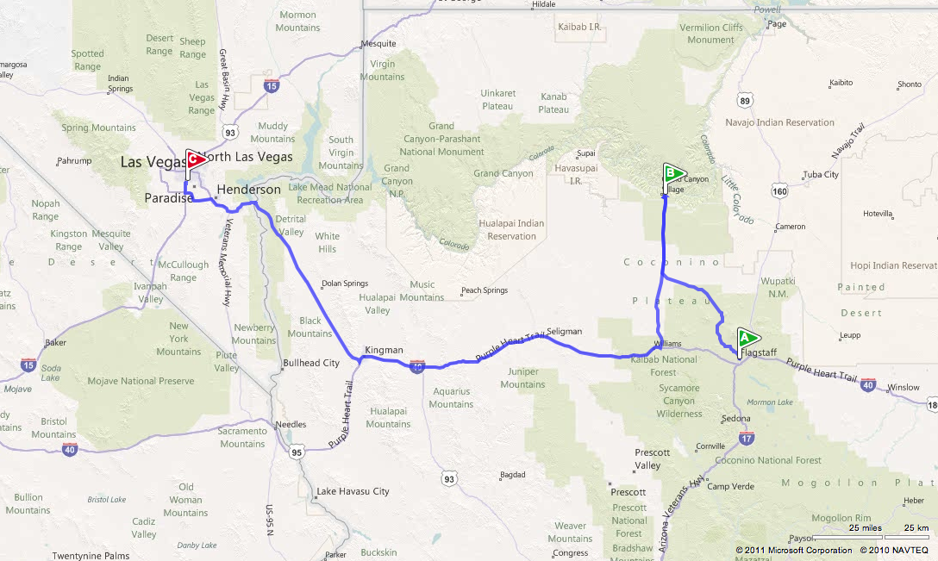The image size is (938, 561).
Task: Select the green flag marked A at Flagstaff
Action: [747, 338]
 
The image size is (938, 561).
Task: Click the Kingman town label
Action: [384, 350]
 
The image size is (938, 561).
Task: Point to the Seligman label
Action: [564, 331]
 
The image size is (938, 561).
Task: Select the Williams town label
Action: [667, 343]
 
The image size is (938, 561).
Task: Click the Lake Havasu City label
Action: [353, 491]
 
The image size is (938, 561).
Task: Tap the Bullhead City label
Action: [311, 363]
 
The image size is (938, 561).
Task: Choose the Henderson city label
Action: [249, 190]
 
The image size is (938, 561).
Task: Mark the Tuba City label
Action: [820, 174]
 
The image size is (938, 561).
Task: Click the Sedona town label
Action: [736, 419]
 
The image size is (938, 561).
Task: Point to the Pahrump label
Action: [73, 161]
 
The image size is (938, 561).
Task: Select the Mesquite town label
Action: [378, 43]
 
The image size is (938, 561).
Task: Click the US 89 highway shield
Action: [746, 101]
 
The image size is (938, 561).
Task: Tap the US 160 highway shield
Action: [780, 190]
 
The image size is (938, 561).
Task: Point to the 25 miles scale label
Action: [865, 527]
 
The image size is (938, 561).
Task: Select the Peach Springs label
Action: [485, 290]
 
